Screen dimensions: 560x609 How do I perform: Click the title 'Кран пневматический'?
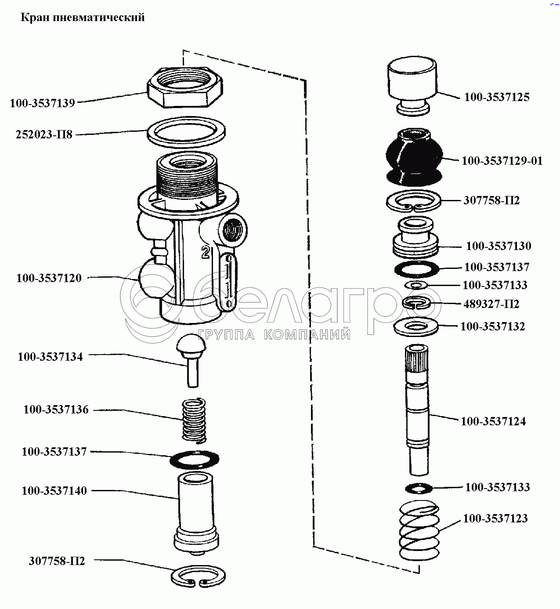pyautogui.click(x=82, y=18)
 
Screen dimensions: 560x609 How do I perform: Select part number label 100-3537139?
pyautogui.click(x=42, y=103)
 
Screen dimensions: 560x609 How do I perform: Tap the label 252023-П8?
pyautogui.click(x=44, y=134)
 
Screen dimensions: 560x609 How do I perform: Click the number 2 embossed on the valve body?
pyautogui.click(x=206, y=252)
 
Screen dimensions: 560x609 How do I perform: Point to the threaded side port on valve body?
pyautogui.click(x=232, y=230)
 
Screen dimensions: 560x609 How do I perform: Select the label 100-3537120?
pyautogui.click(x=49, y=278)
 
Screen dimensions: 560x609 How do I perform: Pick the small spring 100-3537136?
pyautogui.click(x=194, y=420)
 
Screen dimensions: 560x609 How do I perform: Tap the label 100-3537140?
pyautogui.click(x=54, y=491)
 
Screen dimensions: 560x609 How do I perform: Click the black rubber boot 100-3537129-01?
pyautogui.click(x=414, y=157)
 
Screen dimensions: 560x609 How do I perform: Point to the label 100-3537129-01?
pyautogui.click(x=502, y=161)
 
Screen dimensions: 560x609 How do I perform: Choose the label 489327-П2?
pyautogui.click(x=491, y=304)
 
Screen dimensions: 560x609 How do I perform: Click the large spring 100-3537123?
pyautogui.click(x=419, y=530)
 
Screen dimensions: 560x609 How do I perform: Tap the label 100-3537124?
pyautogui.click(x=493, y=421)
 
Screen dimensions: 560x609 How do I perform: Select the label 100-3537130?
pyautogui.click(x=499, y=246)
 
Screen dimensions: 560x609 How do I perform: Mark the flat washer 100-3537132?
pyautogui.click(x=416, y=327)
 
